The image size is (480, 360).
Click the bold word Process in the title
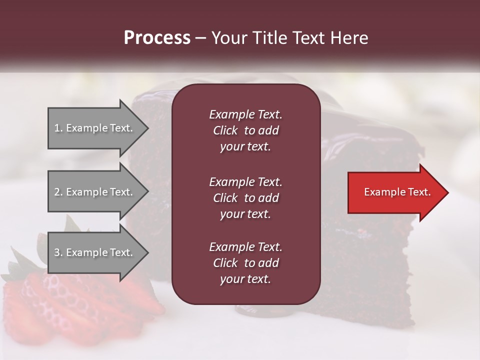[157, 38]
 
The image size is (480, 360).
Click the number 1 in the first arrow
[57, 128]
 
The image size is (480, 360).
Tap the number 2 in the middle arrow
[57, 192]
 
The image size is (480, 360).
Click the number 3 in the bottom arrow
[57, 252]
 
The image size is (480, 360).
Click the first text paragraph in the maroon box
[245, 130]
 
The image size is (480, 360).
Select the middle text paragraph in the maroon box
[245, 197]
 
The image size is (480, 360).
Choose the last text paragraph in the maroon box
[245, 263]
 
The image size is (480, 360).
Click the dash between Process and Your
[200, 38]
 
